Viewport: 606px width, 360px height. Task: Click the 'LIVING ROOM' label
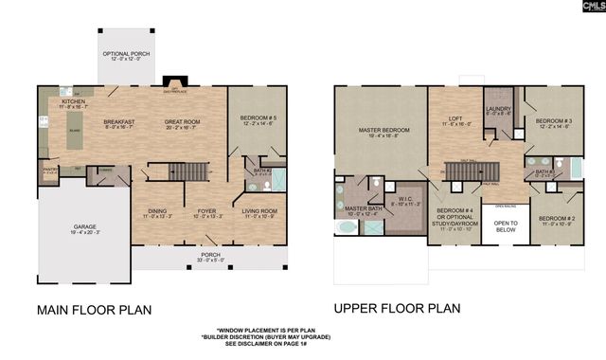point(258,211)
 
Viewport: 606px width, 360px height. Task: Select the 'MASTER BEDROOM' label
point(376,130)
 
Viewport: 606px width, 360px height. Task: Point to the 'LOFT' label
point(454,119)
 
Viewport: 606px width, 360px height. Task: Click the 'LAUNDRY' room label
point(498,109)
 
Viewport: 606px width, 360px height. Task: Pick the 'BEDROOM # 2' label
point(557,218)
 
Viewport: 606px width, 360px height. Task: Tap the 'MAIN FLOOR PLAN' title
point(93,309)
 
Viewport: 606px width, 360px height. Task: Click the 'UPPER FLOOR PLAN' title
point(397,308)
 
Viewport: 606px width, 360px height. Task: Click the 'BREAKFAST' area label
point(120,121)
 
